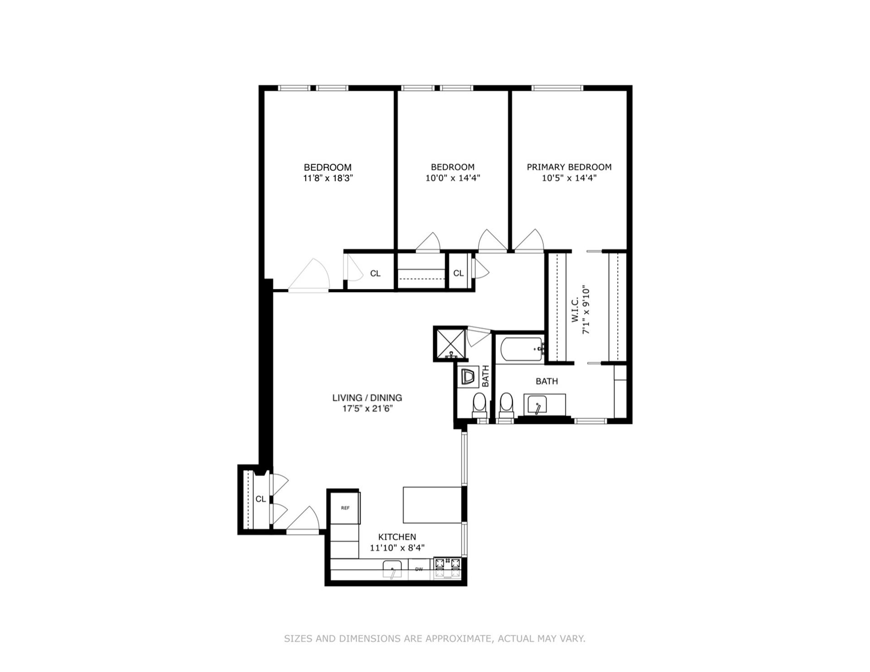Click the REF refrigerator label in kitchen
[x=345, y=508]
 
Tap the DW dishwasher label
[x=419, y=569]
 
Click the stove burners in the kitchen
[x=447, y=563]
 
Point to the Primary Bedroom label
[x=569, y=167]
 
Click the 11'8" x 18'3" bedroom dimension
[x=328, y=178]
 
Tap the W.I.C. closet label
[x=575, y=310]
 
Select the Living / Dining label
[x=367, y=398]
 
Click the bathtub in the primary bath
[x=521, y=349]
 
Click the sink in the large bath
[x=537, y=404]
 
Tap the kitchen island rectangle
[x=432, y=505]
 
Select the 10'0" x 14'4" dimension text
[x=452, y=178]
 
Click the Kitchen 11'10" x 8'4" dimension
[x=397, y=548]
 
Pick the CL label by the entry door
[x=261, y=499]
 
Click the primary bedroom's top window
[x=557, y=88]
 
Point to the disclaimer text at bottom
[x=435, y=639]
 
